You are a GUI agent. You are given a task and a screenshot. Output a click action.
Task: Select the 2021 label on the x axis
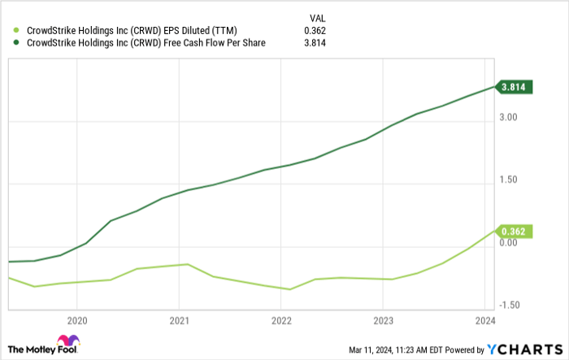pos(179,319)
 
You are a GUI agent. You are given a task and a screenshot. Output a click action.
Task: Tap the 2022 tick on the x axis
pos(280,319)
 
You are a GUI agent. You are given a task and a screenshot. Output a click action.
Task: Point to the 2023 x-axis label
pos(383,319)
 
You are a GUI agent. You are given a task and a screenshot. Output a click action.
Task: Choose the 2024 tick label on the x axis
pos(484,319)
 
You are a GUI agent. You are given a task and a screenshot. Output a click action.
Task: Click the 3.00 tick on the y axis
pos(510,118)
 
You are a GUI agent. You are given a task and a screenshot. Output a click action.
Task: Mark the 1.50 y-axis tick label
pos(510,180)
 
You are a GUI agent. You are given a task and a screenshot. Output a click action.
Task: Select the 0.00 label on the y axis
pos(510,242)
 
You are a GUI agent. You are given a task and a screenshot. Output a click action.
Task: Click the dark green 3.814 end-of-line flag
pos(515,87)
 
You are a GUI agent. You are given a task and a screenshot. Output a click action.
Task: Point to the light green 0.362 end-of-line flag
pos(515,231)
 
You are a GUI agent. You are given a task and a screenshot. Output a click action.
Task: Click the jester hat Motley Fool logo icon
pos(67,341)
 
